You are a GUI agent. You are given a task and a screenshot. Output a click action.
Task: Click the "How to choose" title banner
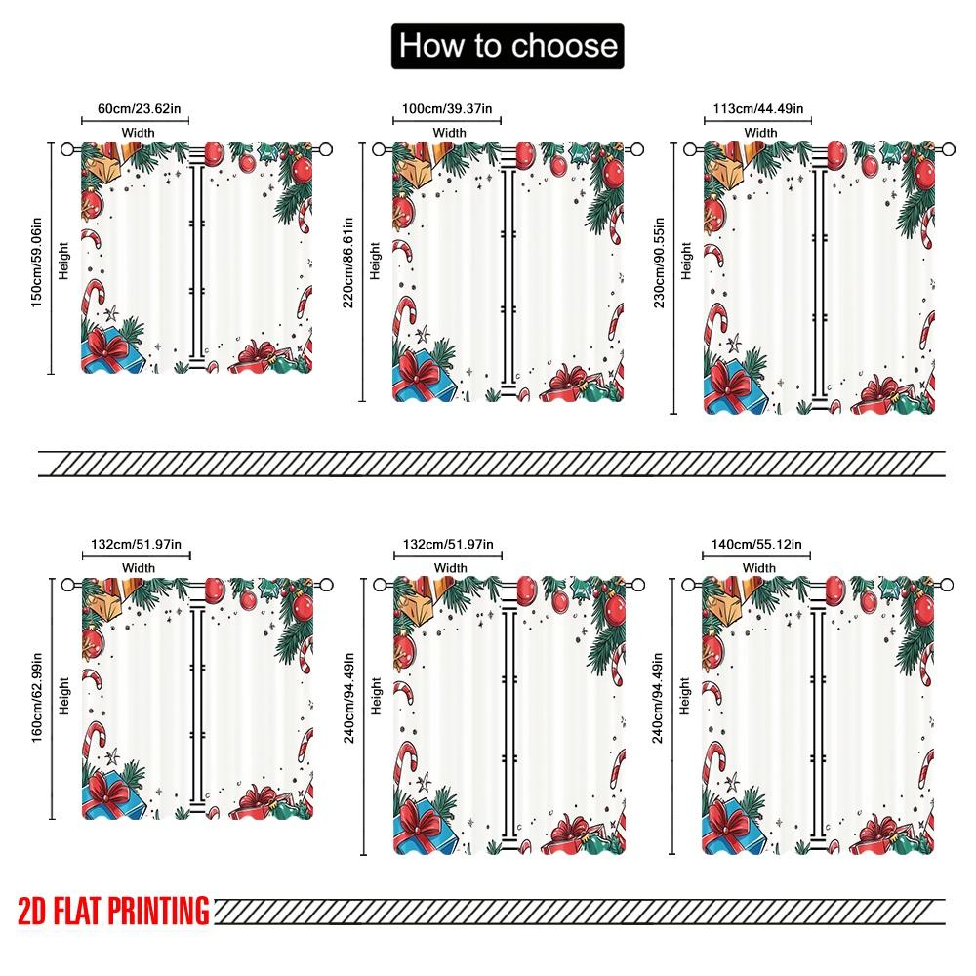(506, 46)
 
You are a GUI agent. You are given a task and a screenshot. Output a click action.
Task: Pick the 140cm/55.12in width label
(758, 544)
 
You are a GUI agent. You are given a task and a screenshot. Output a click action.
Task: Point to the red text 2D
(29, 911)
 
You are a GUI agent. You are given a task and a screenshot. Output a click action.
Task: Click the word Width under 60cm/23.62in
(138, 133)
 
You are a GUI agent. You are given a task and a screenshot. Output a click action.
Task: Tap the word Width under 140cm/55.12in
(759, 567)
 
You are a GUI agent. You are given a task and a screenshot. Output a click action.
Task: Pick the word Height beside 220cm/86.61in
(376, 261)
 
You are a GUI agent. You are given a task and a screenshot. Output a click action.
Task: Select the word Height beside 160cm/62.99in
(64, 698)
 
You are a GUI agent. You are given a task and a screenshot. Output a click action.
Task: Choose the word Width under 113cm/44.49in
(760, 133)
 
